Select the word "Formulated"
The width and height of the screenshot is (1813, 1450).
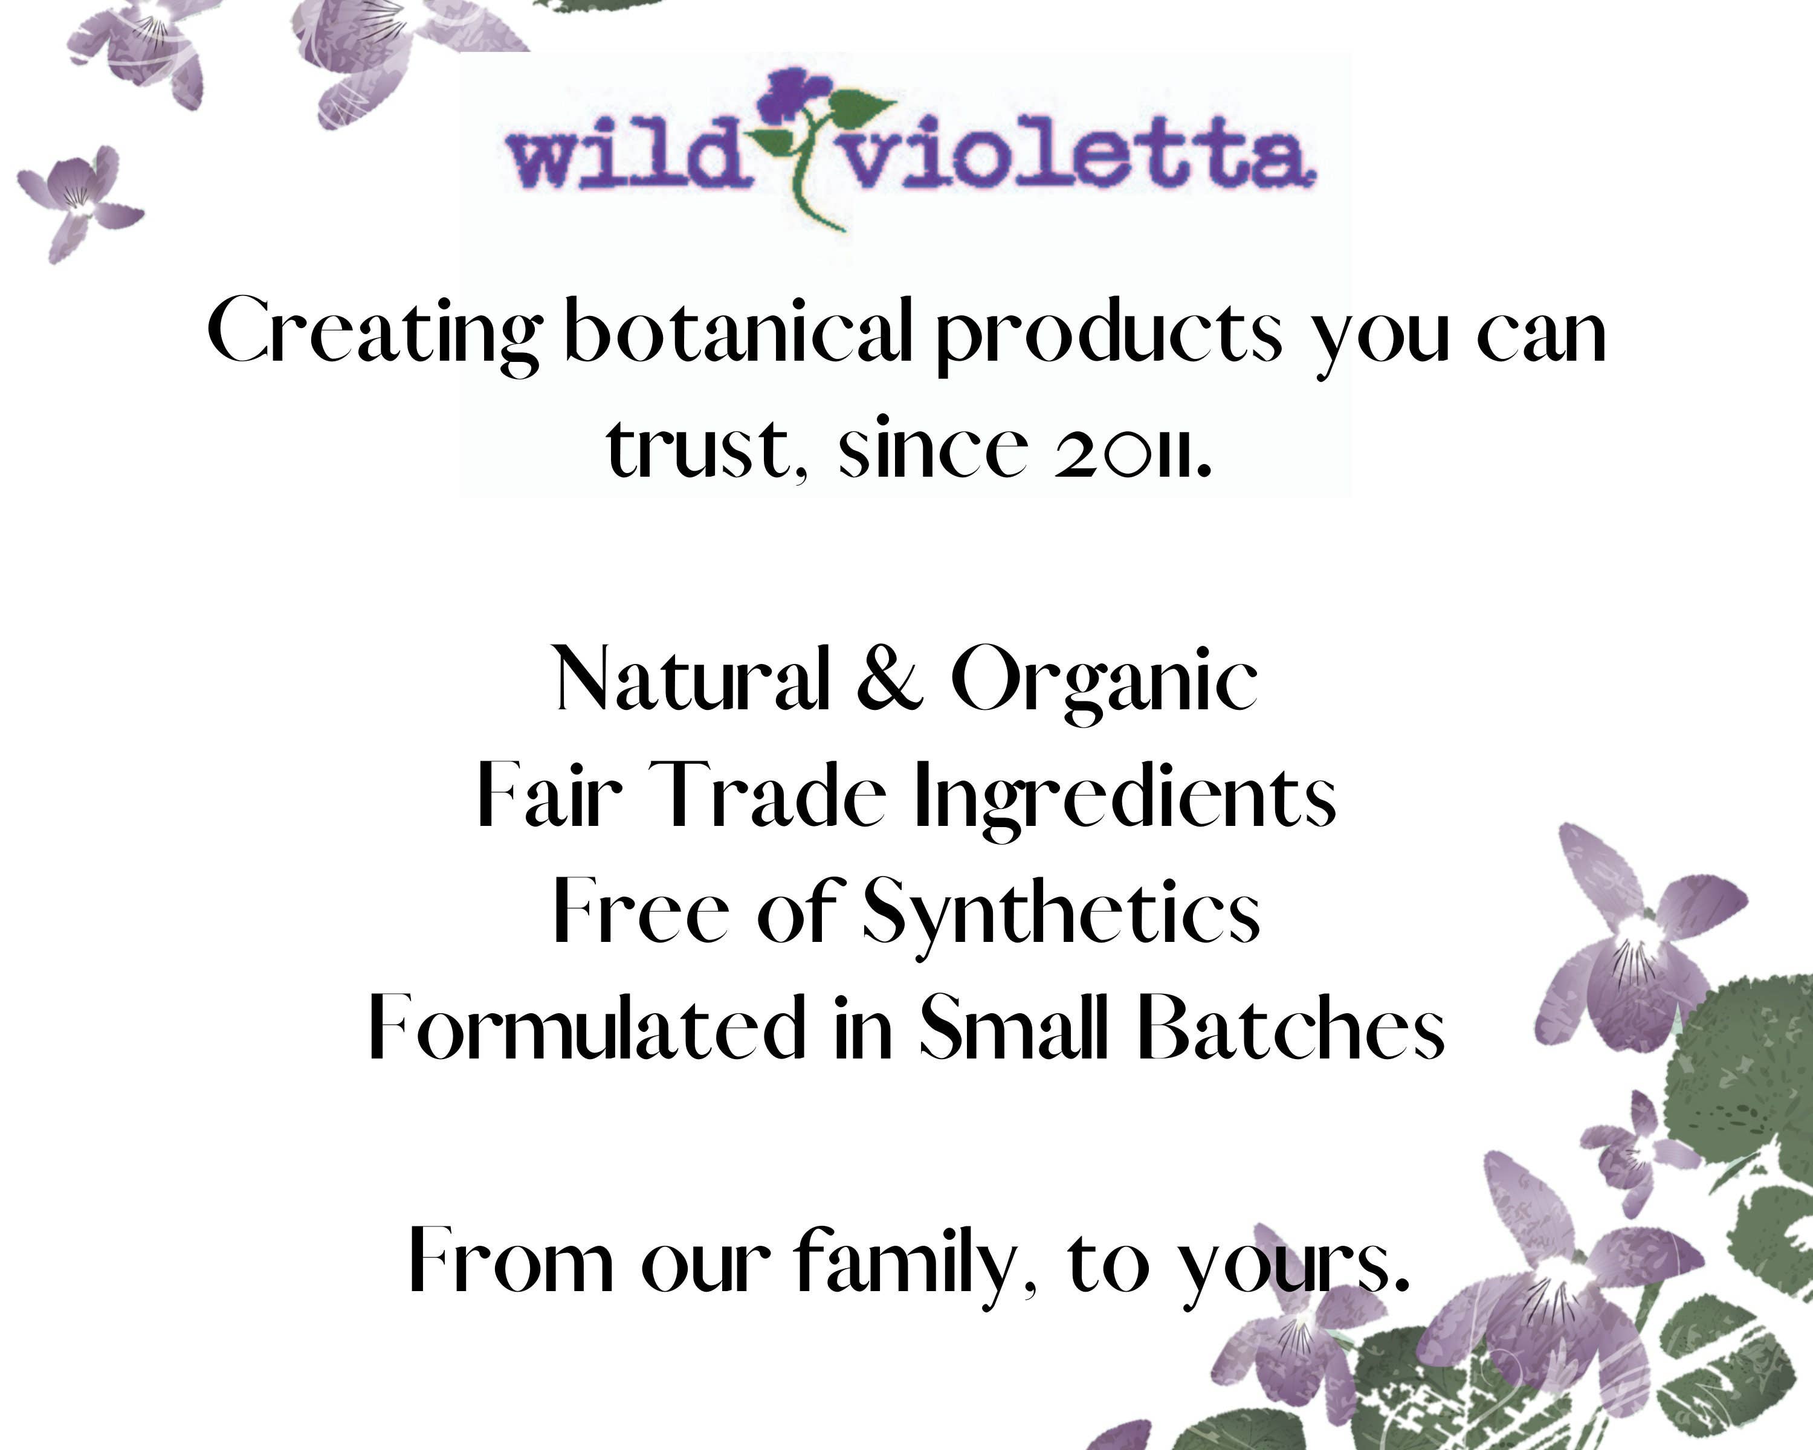click(x=587, y=1026)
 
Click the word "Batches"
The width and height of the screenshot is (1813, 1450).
click(x=1291, y=1026)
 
